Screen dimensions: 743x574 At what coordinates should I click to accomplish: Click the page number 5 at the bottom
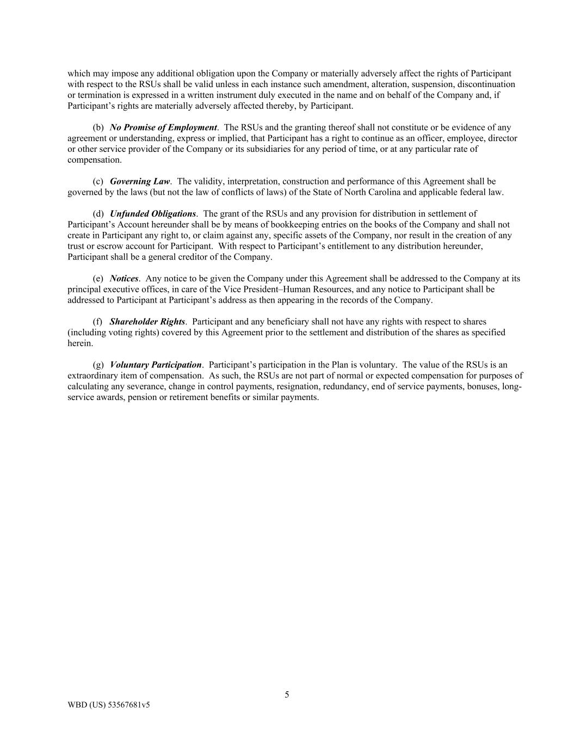pos(287,695)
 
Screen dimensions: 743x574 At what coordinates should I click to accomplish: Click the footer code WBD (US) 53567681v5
pos(108,705)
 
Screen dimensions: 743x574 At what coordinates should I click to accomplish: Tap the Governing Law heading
pos(140,181)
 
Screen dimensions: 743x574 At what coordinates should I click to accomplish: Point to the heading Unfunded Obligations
pos(152,214)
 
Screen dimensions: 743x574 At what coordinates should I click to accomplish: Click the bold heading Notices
pos(124,279)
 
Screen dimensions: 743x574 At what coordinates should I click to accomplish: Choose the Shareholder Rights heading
pos(147,322)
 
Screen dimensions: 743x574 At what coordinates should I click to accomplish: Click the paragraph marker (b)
pos(98,127)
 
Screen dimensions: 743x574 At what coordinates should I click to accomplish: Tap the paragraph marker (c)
pos(98,181)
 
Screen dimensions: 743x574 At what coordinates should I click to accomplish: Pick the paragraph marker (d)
pos(98,214)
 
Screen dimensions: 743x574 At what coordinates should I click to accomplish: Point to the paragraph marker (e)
pos(98,279)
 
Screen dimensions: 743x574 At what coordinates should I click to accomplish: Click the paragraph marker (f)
pos(98,322)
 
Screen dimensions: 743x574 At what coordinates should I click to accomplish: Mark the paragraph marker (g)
pos(98,365)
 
